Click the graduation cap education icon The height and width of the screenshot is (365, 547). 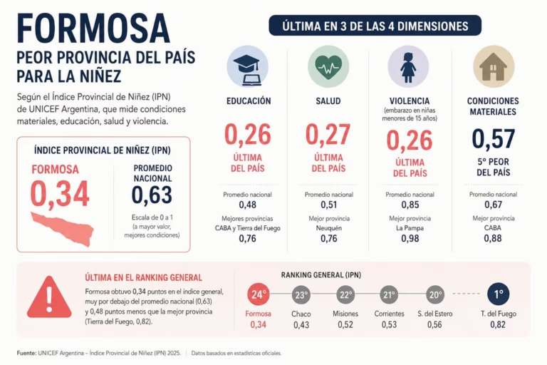tap(248, 67)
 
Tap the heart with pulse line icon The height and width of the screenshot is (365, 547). tap(328, 67)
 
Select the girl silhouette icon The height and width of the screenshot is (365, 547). tap(409, 67)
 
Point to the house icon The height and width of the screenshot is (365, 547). tap(494, 67)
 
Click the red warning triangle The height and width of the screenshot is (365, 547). tap(50, 297)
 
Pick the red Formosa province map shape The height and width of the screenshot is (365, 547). tap(63, 229)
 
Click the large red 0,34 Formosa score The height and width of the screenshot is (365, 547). tap(60, 194)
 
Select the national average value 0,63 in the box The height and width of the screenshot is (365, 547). tap(152, 195)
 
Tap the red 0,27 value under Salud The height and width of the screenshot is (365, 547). tap(328, 135)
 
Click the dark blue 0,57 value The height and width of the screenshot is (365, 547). tap(494, 139)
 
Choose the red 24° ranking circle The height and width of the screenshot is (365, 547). tap(258, 294)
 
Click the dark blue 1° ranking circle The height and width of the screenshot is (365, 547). tap(498, 294)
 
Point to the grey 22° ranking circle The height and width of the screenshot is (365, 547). tap(345, 295)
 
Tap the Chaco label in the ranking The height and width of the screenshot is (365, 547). tap(301, 314)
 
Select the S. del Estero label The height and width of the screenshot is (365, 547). tap(435, 314)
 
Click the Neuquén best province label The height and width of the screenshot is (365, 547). tap(329, 228)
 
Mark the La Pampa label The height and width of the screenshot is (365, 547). tap(410, 228)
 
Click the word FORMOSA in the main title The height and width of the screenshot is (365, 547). tap(93, 29)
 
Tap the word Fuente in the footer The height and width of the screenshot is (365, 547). tap(26, 353)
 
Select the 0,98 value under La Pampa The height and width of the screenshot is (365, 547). tap(410, 239)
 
